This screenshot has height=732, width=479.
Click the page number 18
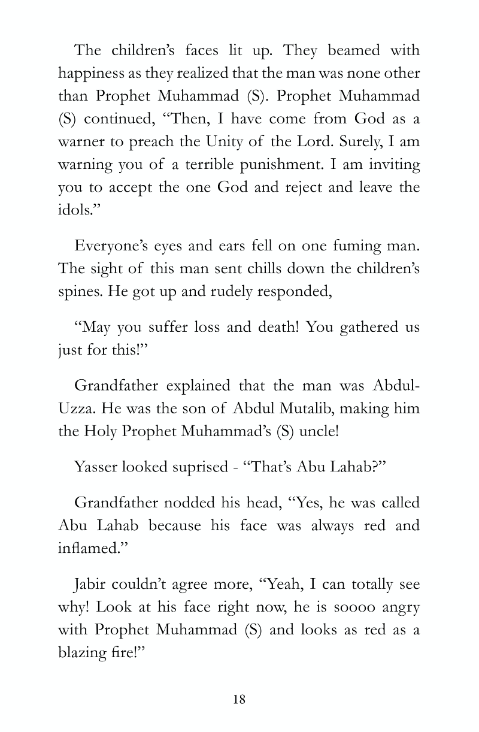239,700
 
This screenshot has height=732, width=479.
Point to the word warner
82,141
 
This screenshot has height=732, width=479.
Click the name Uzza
77,409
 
